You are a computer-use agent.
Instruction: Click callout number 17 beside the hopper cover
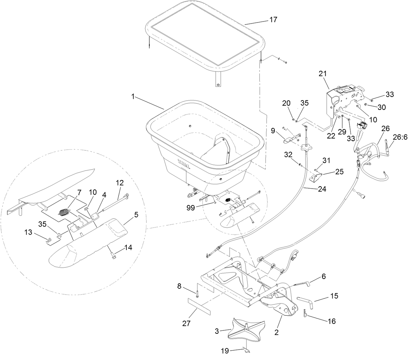(x=273, y=20)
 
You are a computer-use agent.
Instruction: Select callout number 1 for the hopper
(x=133, y=97)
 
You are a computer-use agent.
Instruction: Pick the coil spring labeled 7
(x=64, y=213)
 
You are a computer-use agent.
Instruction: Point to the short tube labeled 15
(x=305, y=299)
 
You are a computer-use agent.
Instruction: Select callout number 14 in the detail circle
(x=128, y=248)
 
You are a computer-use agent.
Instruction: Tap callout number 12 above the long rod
(x=120, y=183)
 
